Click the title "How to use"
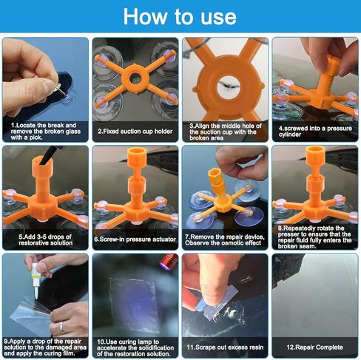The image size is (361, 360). (180, 16)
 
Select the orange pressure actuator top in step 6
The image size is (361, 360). (135, 159)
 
